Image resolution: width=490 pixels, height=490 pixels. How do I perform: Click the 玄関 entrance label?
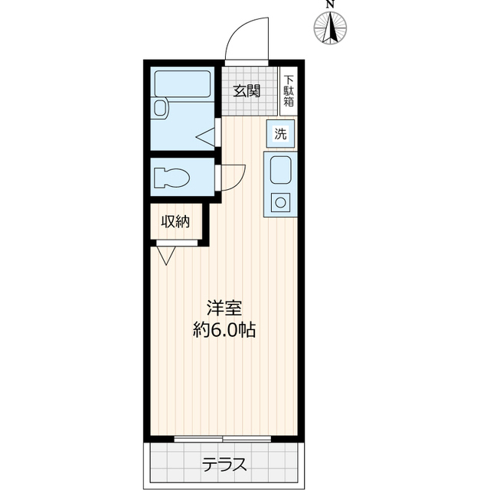tap(247, 91)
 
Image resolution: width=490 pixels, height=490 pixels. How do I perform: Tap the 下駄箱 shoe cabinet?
tap(289, 91)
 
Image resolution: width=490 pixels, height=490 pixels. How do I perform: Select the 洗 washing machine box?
tap(280, 134)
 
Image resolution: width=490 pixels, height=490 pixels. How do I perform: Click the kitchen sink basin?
tap(281, 170)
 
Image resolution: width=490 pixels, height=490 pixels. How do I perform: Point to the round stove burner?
tap(280, 203)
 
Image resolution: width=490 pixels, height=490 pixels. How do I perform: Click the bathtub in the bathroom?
tap(182, 83)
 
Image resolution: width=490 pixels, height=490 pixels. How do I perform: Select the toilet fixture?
tap(171, 178)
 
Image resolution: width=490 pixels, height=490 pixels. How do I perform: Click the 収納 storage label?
tap(175, 221)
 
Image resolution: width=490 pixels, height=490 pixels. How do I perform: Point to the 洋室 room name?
tap(224, 308)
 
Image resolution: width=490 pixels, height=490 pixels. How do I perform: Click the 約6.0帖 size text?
tap(224, 330)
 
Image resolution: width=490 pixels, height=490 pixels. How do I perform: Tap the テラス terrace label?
tap(224, 465)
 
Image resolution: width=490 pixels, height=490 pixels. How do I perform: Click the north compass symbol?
tap(330, 28)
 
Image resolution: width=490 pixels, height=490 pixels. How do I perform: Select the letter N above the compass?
tap(330, 4)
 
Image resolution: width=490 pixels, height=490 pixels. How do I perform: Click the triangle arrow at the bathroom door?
tap(205, 136)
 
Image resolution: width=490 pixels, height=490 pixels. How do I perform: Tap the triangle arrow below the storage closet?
tap(166, 256)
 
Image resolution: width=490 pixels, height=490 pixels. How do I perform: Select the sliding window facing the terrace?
tap(223, 439)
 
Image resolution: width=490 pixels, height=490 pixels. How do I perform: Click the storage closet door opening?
tap(177, 243)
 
